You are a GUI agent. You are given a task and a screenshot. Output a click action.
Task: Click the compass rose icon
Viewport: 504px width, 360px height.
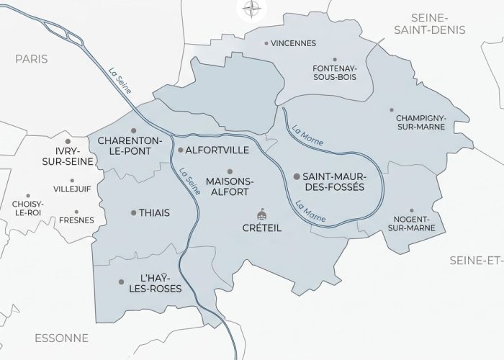pyautogui.click(x=251, y=9)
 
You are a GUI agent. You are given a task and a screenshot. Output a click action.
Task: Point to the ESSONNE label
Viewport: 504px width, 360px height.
pyautogui.click(x=60, y=338)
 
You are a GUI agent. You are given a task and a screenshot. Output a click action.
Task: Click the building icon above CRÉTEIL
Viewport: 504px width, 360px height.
pyautogui.click(x=261, y=215)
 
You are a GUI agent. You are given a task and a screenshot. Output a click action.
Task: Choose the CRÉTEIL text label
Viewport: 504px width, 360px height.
pyautogui.click(x=261, y=228)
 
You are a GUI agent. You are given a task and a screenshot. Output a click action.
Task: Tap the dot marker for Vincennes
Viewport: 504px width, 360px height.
pyautogui.click(x=266, y=43)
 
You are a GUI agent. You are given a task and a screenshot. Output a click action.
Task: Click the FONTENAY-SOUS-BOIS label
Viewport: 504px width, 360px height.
pyautogui.click(x=333, y=71)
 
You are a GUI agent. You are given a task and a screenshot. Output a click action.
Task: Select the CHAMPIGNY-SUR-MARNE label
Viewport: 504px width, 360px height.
pyautogui.click(x=420, y=121)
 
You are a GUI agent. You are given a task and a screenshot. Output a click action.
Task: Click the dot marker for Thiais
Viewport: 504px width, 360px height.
pyautogui.click(x=134, y=212)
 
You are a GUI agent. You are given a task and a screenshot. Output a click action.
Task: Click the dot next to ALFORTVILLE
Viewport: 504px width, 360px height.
pyautogui.click(x=180, y=150)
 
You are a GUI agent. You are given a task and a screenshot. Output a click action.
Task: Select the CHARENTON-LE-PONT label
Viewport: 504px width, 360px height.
pyautogui.click(x=130, y=145)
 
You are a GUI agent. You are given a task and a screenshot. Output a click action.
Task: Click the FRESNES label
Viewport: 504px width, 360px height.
pyautogui.click(x=76, y=220)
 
